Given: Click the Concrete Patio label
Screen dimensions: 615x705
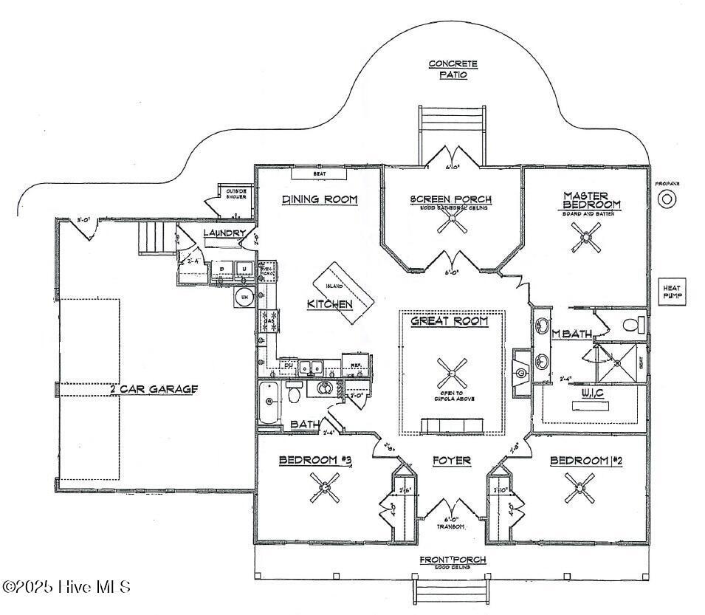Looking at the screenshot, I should [x=453, y=69].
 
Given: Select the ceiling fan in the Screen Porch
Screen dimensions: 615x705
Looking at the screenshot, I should [x=451, y=223].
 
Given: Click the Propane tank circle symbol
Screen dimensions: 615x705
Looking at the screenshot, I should [x=667, y=199].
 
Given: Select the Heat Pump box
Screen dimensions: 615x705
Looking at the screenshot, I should [x=672, y=292].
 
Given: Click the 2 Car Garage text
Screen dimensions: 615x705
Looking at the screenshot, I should [x=154, y=389].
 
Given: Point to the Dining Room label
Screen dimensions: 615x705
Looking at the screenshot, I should [x=320, y=199].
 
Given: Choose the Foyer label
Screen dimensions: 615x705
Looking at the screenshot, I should [x=451, y=461].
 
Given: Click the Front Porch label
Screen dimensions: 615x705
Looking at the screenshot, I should [x=453, y=560].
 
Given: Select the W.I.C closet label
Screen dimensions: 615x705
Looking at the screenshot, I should [x=593, y=393].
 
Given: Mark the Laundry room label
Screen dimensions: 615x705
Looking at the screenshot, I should [x=224, y=233].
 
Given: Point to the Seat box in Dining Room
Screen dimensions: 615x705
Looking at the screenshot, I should [x=319, y=174].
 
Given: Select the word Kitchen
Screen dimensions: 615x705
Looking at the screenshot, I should [x=330, y=304].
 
